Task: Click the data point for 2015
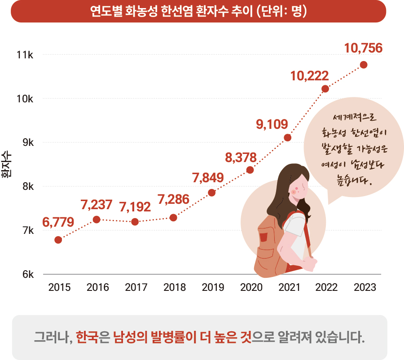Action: pos(58,240)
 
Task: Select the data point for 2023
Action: pos(364,65)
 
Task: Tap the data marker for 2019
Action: pos(212,193)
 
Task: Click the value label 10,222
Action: pos(309,76)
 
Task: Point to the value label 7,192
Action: pos(135,207)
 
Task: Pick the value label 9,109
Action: pos(272,124)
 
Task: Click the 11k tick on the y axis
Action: pos(25,55)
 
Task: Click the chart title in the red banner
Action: pos(198,11)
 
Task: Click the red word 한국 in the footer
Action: pos(86,337)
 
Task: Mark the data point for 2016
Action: pos(97,219)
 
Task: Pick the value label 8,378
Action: pos(241,158)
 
